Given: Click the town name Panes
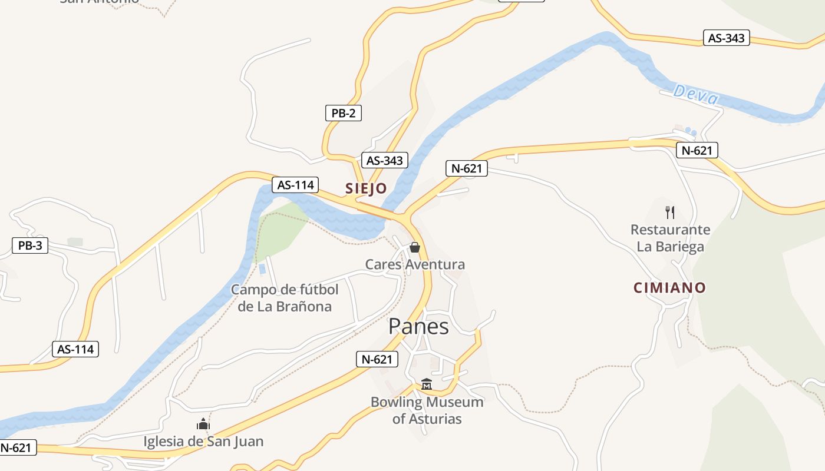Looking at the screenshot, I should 418,326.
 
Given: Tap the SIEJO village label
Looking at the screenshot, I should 366,188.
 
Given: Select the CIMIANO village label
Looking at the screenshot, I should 669,288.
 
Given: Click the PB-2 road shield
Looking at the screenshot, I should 343,113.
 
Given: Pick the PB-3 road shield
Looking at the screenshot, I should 30,246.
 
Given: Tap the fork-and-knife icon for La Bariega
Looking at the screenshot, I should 669,212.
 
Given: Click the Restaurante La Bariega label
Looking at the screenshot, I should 670,238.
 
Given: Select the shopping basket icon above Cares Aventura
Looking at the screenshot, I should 415,247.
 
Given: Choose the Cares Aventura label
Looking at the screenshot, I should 415,264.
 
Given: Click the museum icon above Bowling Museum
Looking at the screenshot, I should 427,384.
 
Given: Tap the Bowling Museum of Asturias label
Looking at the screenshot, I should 427,410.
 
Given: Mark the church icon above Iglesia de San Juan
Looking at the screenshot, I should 203,424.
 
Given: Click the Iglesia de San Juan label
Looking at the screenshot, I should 203,441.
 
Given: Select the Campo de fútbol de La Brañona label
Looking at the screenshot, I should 285,298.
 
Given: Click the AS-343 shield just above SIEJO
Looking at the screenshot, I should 384,160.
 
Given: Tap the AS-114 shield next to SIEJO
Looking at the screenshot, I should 295,185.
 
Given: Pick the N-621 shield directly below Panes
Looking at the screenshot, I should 377,359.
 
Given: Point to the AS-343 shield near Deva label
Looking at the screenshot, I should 726,38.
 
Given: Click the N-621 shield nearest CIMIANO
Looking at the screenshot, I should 697,150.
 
